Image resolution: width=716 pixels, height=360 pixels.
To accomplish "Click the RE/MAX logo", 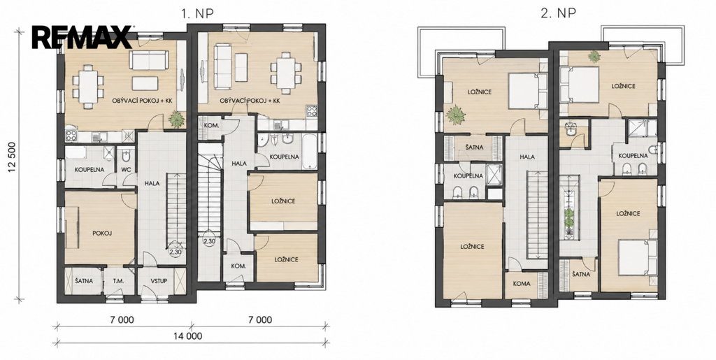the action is [x=83, y=38].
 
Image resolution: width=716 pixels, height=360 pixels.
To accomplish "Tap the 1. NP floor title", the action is [x=197, y=13].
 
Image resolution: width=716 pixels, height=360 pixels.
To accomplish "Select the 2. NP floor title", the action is [x=558, y=13].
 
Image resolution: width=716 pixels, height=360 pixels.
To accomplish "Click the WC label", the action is [x=126, y=169].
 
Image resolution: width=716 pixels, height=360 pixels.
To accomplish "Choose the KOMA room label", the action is [x=522, y=283].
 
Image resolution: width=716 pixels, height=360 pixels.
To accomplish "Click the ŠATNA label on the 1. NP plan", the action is [x=84, y=280].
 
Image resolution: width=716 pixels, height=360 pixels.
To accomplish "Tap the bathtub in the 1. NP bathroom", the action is [x=309, y=150].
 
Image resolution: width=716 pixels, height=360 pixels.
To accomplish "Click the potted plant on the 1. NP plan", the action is [x=176, y=120].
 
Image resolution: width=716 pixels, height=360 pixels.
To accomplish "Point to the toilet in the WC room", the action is [x=127, y=157].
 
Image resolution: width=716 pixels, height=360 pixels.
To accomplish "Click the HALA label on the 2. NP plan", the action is [x=527, y=157].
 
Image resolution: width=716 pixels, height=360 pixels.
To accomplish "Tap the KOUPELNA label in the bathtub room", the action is [x=284, y=157].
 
